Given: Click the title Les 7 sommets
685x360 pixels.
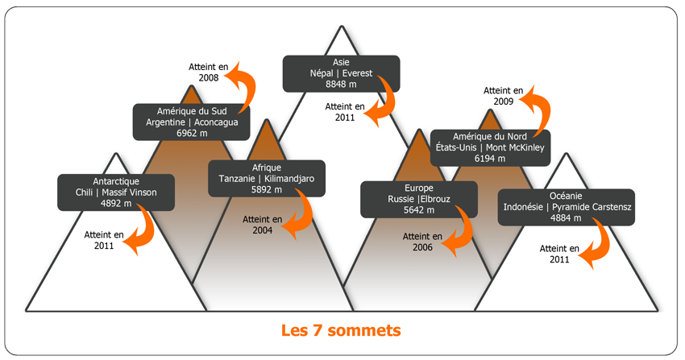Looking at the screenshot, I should [x=341, y=330].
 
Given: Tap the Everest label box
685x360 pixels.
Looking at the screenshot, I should [x=341, y=72].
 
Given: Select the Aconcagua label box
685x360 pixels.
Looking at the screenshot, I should [x=192, y=122].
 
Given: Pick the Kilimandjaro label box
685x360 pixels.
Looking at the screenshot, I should [x=267, y=178].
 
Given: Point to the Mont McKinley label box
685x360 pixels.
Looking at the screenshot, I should [x=490, y=147].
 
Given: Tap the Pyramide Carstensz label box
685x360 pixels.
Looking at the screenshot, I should [x=566, y=207].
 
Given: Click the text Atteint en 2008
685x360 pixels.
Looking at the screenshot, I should [x=208, y=72].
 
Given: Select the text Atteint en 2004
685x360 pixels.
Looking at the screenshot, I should [x=263, y=224].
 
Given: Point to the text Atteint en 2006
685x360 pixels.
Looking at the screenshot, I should [x=422, y=242].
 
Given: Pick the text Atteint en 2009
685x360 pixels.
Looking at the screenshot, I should [x=503, y=97].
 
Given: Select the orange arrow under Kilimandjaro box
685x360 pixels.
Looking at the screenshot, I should [x=300, y=213].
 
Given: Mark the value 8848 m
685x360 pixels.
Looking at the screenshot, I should [x=341, y=84].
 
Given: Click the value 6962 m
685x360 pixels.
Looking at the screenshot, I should [x=192, y=133].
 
